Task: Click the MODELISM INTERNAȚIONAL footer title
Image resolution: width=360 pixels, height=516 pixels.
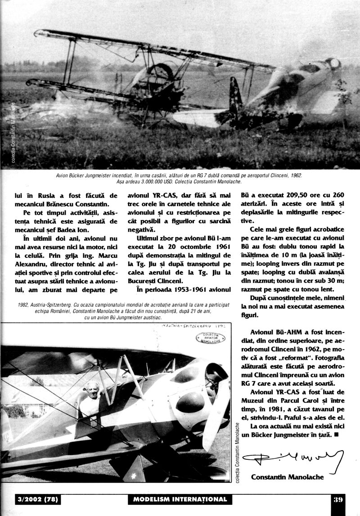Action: [180, 499]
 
